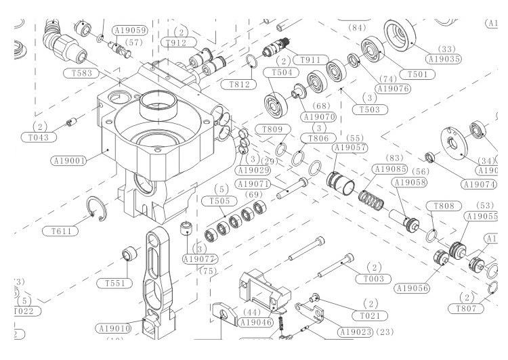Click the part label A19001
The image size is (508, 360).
[x=68, y=161]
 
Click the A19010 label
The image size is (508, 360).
[x=114, y=329]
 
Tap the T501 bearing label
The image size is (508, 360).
[x=413, y=74]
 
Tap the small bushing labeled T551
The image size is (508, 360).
[x=129, y=254]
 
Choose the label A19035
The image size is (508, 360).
[x=444, y=59]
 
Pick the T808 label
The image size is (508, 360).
[x=443, y=206]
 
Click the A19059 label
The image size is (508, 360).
[x=130, y=30]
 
